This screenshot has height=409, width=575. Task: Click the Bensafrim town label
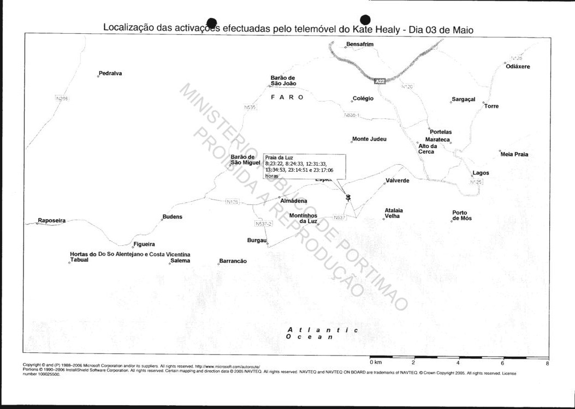point(360,44)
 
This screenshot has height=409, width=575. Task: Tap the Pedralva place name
point(110,73)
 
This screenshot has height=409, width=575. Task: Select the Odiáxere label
point(518,67)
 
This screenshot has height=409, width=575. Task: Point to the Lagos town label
point(481,173)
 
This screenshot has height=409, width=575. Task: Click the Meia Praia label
point(514,154)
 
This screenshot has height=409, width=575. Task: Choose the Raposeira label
point(51,221)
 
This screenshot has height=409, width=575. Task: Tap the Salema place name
point(180,261)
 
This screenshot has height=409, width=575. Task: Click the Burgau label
point(257,240)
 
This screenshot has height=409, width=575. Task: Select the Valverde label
point(398,181)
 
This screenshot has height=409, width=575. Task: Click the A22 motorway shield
point(381,81)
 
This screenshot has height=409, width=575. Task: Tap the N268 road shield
point(62,98)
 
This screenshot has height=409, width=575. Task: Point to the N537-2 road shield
point(263,224)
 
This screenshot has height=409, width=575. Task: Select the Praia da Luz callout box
point(304,167)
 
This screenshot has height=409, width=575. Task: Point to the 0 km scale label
point(375,362)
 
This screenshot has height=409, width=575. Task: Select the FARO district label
point(287,97)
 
